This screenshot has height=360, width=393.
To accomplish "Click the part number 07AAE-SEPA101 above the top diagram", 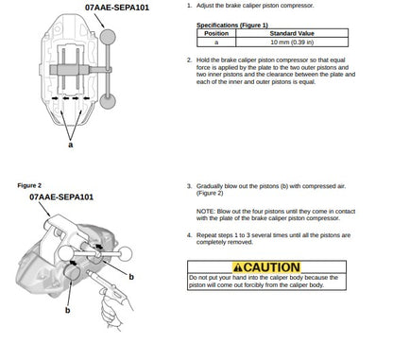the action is (117, 8).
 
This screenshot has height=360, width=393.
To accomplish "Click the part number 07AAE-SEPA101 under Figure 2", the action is (61, 197).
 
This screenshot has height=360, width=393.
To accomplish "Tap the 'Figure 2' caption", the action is (29, 185).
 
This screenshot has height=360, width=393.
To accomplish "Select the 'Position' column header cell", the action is (216, 33).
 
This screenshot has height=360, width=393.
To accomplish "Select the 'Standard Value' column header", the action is (292, 33).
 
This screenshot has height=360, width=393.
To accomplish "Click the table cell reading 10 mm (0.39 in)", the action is (292, 43).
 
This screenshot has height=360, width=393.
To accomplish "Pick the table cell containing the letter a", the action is (216, 43).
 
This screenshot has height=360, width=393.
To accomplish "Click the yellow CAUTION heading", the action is (266, 267).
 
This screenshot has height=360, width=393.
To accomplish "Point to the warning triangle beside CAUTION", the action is (238, 267).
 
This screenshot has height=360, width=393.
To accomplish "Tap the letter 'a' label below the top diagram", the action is (71, 145).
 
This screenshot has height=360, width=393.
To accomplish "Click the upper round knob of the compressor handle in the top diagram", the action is (108, 37).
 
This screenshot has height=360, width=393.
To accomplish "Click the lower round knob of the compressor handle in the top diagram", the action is (108, 101).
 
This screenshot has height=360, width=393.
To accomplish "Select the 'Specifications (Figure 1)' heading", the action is (232, 26).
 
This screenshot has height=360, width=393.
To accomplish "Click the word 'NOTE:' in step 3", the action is (206, 212).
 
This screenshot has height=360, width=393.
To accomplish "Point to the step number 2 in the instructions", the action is (189, 60).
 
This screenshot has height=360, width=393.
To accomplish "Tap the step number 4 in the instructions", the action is (189, 235).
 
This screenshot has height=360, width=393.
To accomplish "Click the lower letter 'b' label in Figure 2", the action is (67, 310).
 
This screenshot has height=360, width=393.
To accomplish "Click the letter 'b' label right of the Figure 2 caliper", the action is (131, 277).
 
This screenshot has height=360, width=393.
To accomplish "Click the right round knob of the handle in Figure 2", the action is (125, 254).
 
